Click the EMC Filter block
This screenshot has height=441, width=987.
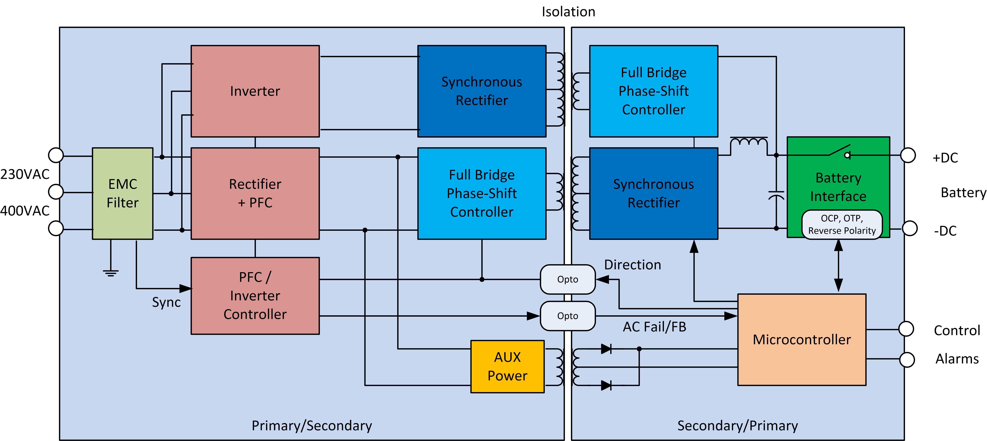pos(123,193)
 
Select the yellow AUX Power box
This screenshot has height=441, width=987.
pos(507,366)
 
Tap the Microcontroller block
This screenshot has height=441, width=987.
pos(802,340)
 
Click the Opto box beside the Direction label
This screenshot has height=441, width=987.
pos(567,280)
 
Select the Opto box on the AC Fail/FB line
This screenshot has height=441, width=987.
pos(567,316)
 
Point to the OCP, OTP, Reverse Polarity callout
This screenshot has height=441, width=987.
pos(842,224)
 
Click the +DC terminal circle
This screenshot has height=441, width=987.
pos(908,155)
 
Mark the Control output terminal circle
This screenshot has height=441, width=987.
pos(906,329)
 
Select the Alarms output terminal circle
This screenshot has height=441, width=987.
pos(907,359)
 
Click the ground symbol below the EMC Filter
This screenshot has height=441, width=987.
pos(111,273)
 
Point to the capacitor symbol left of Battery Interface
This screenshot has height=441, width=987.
pos(776,195)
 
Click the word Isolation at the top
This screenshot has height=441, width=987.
pos(568,12)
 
